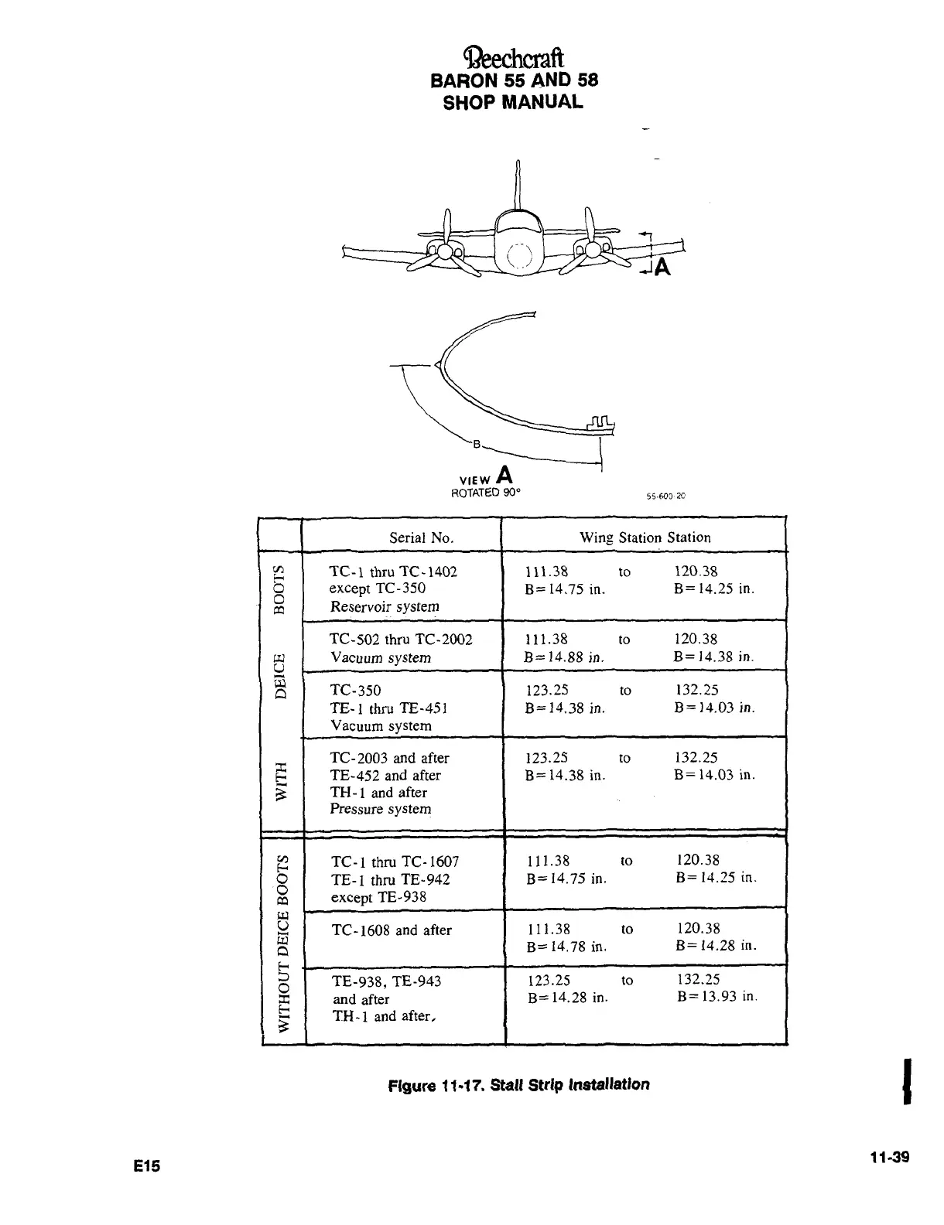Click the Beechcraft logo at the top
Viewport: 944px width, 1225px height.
click(x=514, y=57)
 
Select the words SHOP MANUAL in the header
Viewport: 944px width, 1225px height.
click(x=513, y=103)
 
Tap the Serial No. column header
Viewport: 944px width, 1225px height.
click(x=421, y=537)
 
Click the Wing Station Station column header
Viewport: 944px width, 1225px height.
click(x=645, y=537)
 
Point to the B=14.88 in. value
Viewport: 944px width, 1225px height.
click(x=564, y=657)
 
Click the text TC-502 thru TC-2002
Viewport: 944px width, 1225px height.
click(x=401, y=640)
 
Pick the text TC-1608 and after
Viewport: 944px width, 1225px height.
click(x=392, y=930)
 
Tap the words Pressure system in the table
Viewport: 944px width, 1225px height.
click(x=381, y=809)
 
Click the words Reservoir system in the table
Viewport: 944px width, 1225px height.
click(x=385, y=606)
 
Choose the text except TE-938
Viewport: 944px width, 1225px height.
click(x=378, y=897)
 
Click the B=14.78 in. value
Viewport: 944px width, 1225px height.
click(x=566, y=947)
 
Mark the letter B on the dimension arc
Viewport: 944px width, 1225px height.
click(x=477, y=444)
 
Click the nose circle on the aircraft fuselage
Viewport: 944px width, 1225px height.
click(x=517, y=258)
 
